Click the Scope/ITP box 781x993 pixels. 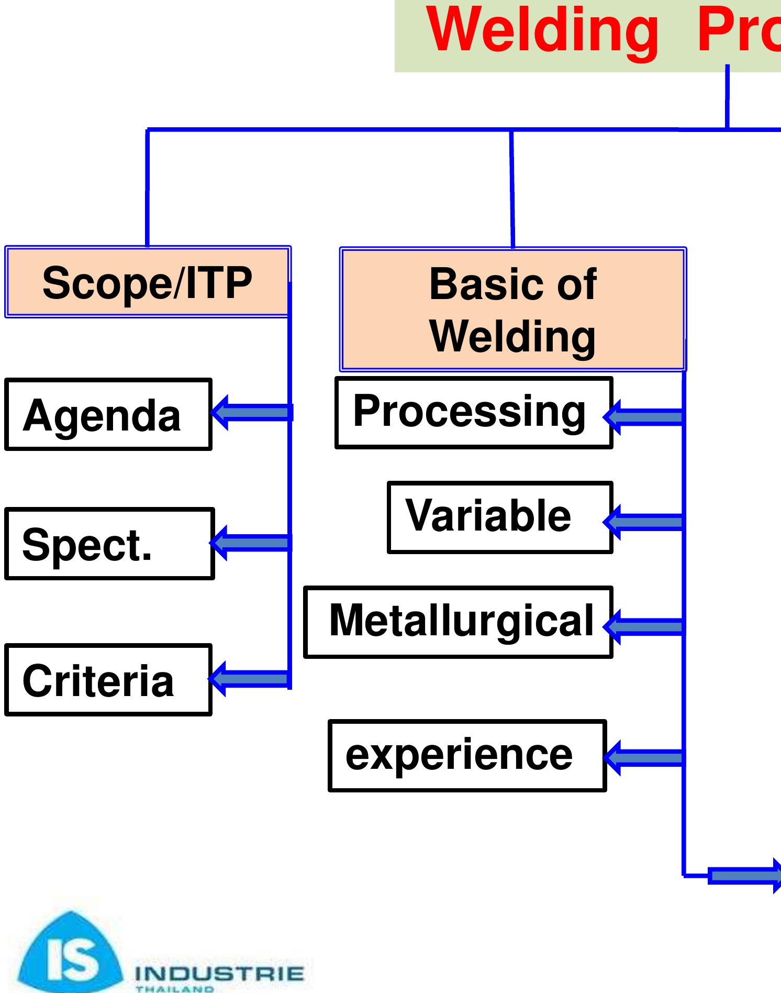[147, 282]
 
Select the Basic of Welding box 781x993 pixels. [512, 310]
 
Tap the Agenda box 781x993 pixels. [108, 414]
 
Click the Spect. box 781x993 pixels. [109, 544]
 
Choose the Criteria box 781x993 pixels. [108, 680]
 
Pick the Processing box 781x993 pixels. [474, 412]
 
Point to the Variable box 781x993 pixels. [500, 517]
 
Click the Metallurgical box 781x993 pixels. [458, 622]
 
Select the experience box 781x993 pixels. [467, 755]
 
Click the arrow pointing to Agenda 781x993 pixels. [251, 413]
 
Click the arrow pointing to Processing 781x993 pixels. [644, 417]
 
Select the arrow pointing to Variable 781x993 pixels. [644, 522]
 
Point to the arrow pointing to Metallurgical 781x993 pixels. [644, 626]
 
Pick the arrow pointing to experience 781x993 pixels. [644, 757]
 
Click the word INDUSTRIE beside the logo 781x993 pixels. [219, 974]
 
